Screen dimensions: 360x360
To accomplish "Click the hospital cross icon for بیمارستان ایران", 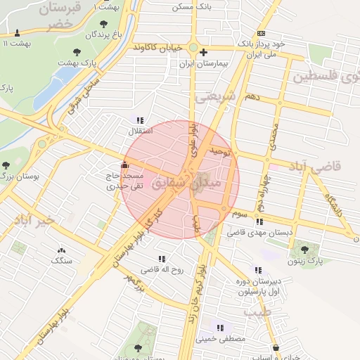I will coord(204,52).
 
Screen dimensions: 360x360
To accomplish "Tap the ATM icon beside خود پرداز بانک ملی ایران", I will coord(262,32).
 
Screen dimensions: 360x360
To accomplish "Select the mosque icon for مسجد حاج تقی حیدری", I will coord(125,165).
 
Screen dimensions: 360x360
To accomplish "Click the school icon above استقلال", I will coord(140,120).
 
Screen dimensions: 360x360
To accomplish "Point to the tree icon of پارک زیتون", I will coord(304,249).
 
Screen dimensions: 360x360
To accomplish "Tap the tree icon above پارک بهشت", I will coord(76,51).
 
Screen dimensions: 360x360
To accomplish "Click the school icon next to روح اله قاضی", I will coord(163,259).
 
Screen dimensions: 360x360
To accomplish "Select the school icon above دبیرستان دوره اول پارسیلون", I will coord(257,269).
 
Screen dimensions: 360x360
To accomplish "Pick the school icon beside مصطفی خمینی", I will coord(221,328).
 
